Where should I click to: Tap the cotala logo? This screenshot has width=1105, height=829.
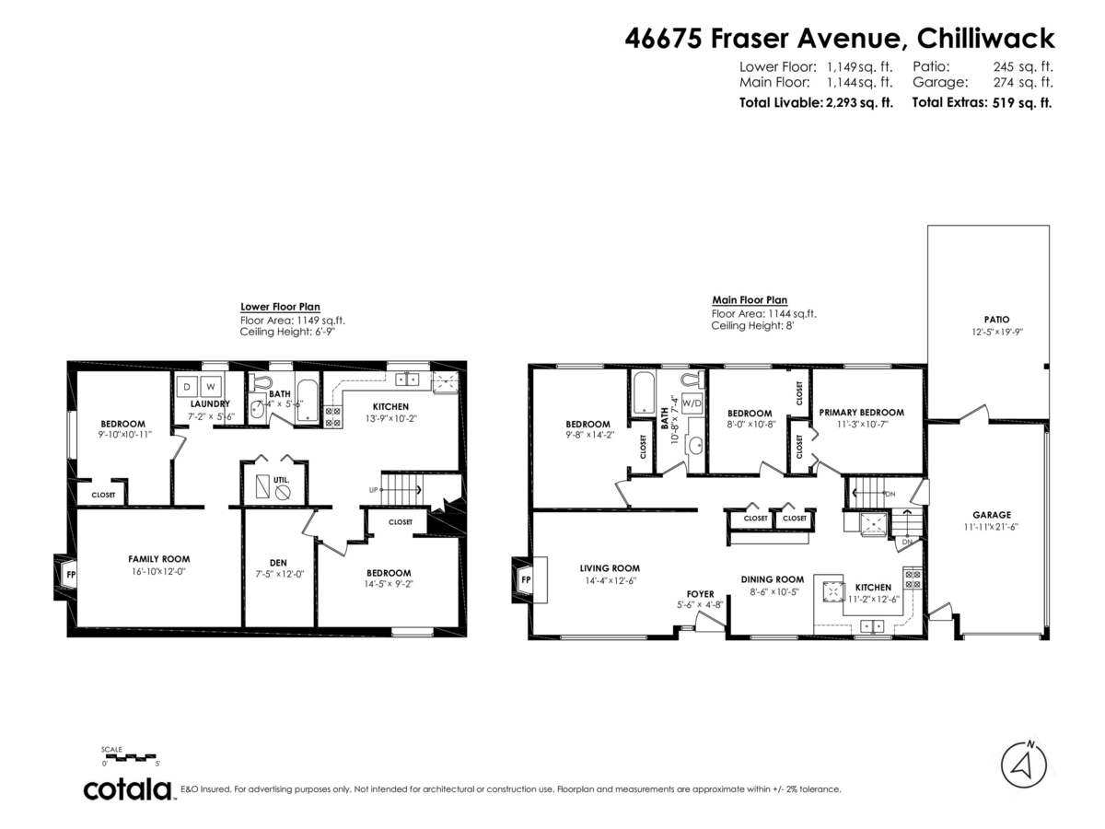pyautogui.click(x=128, y=789)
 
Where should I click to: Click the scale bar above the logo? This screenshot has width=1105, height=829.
pyautogui.click(x=132, y=757)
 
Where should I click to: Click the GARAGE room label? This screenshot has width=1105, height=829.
pyautogui.click(x=992, y=515)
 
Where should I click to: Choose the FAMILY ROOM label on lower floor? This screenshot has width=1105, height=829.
pyautogui.click(x=158, y=559)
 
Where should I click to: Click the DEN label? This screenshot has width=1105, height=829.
pyautogui.click(x=278, y=563)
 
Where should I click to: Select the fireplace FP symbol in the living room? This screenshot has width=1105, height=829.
pyautogui.click(x=526, y=580)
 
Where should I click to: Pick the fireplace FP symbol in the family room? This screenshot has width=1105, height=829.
pyautogui.click(x=70, y=576)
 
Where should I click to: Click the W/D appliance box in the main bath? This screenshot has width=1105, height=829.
pyautogui.click(x=692, y=403)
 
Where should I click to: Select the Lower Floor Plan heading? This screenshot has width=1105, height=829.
pyautogui.click(x=280, y=307)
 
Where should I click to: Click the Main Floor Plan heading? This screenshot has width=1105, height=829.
pyautogui.click(x=750, y=299)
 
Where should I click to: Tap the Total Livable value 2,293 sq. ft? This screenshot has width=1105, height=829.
pyautogui.click(x=856, y=103)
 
